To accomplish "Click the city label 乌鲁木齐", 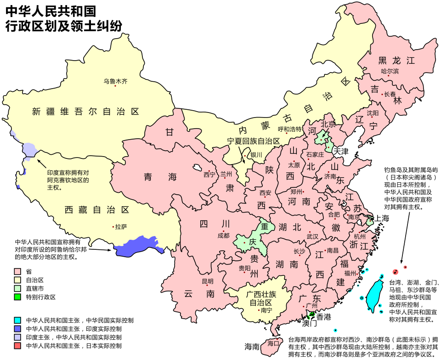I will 115,81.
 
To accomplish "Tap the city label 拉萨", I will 121,227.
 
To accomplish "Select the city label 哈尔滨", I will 390,71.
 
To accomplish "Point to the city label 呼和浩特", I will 290,129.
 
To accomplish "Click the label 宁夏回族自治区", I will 254,141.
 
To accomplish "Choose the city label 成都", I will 223,236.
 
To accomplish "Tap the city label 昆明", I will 208,281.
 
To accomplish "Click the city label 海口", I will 273,343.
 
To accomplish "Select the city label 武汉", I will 312,236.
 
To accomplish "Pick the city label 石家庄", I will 315,155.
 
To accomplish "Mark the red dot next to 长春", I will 382,95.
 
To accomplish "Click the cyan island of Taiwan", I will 374,294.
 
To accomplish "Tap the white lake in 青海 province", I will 198,168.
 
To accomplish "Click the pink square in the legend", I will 17,271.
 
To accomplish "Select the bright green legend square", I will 17,297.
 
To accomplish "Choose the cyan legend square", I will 17,320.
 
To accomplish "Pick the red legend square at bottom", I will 17,345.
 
